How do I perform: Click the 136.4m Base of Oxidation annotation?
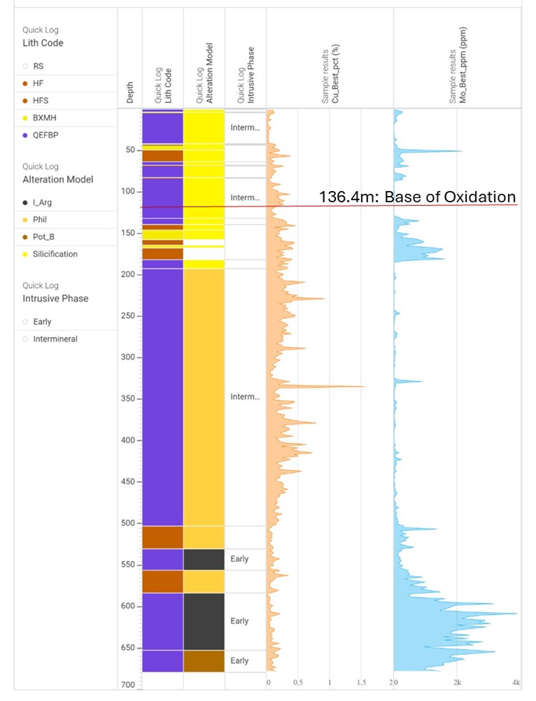click(417, 197)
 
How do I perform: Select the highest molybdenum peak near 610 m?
click(516, 614)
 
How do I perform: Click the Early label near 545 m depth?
click(239, 559)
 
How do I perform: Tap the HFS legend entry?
click(40, 101)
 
